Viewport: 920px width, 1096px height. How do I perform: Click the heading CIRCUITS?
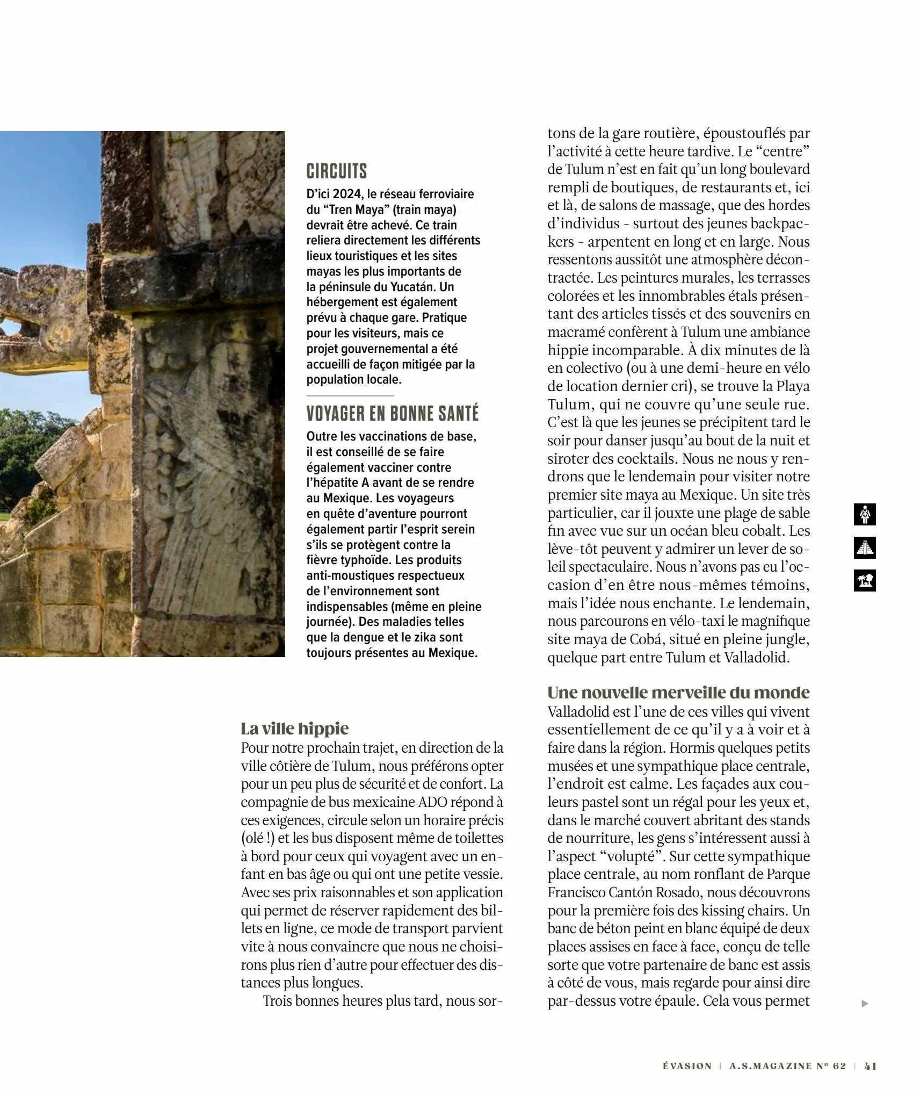click(x=336, y=171)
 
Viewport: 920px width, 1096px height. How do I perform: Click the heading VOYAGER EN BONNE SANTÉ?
click(x=392, y=414)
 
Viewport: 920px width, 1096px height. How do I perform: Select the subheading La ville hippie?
click(x=294, y=729)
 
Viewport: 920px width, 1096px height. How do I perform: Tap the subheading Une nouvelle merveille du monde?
click(x=678, y=692)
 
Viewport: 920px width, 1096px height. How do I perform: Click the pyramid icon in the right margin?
click(x=864, y=547)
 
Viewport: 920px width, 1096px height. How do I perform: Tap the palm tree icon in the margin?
click(x=864, y=581)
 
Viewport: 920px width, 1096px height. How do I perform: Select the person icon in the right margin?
click(x=864, y=514)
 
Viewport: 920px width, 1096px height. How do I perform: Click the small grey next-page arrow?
click(x=864, y=1003)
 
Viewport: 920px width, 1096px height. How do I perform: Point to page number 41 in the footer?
click(x=871, y=1066)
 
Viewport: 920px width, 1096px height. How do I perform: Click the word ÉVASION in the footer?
click(x=686, y=1066)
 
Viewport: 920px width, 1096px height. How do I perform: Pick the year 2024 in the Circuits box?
click(x=347, y=194)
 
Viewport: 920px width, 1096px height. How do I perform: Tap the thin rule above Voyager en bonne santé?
click(x=350, y=396)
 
